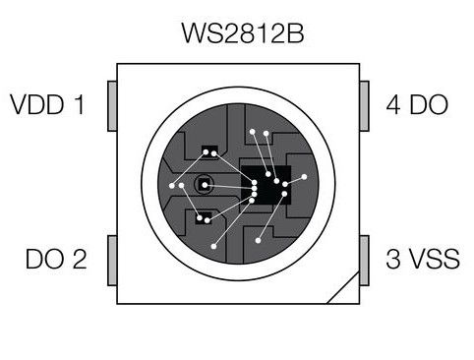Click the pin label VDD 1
point(46,103)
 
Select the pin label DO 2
point(56,260)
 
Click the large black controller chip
point(263,185)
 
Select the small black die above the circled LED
point(207,152)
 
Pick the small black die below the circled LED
point(206,219)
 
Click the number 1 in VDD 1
point(79,103)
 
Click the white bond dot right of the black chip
point(305,177)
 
